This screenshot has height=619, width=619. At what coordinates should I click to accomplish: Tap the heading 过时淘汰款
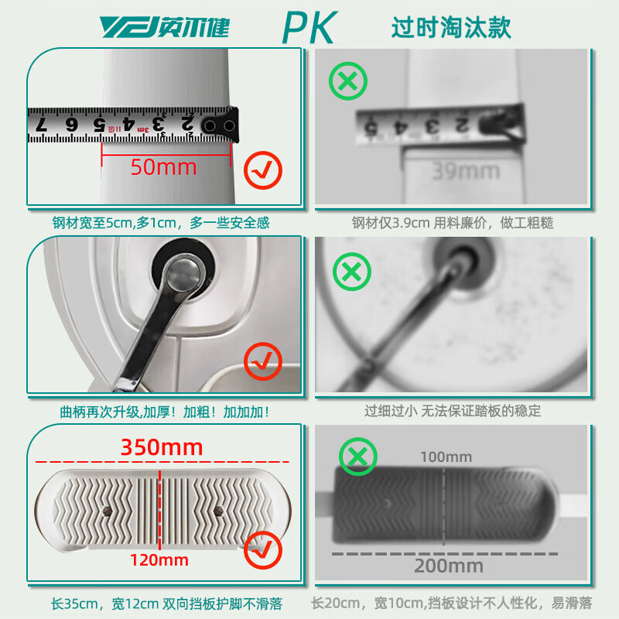click(451, 27)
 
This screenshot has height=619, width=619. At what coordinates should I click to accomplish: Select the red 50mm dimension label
click(163, 166)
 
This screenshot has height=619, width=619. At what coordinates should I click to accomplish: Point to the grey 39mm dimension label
click(457, 172)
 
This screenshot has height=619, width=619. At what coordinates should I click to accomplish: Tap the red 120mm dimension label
click(160, 559)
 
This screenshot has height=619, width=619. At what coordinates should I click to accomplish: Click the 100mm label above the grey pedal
click(446, 457)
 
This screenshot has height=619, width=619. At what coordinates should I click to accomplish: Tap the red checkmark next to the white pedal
click(263, 551)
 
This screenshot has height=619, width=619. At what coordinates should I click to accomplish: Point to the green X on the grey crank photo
click(351, 272)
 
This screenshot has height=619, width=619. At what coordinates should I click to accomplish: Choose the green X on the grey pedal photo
click(357, 457)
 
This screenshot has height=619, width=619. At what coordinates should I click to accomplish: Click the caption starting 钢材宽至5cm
click(161, 223)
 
